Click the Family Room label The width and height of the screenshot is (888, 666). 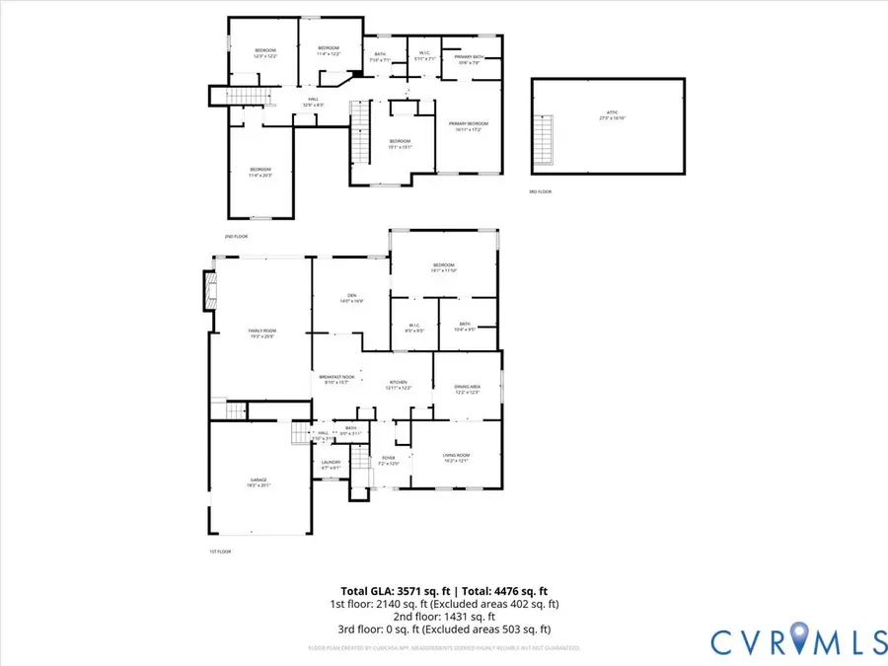[x=262, y=333]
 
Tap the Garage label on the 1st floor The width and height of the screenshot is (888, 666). [x=258, y=482]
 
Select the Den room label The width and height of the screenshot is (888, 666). [x=351, y=298]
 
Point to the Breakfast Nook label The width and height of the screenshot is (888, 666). [x=334, y=379]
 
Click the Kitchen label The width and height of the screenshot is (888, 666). [x=399, y=385]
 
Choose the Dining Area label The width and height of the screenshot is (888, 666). [x=467, y=389]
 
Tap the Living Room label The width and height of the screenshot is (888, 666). [x=456, y=457]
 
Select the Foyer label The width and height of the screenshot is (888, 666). [x=389, y=461]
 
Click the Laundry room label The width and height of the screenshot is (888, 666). [x=332, y=465]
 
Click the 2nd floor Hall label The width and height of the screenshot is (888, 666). [x=313, y=101]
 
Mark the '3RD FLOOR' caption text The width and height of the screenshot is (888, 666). [x=540, y=191]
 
